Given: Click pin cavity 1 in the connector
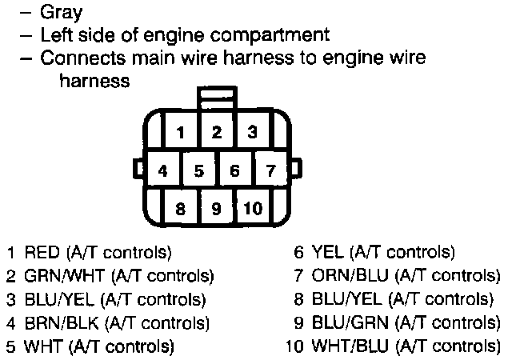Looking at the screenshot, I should [182, 133].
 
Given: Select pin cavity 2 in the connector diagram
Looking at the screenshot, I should [217, 133].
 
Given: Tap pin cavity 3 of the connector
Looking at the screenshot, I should [251, 133].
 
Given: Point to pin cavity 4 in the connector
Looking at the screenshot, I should [163, 170].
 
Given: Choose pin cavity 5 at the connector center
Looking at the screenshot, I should [199, 170].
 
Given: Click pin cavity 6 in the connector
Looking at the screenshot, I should [234, 170].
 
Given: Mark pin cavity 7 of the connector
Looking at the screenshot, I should [270, 170].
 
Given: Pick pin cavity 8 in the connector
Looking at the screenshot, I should [182, 209].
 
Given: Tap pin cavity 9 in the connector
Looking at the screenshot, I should [216, 209].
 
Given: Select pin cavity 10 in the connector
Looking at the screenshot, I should [252, 209].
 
